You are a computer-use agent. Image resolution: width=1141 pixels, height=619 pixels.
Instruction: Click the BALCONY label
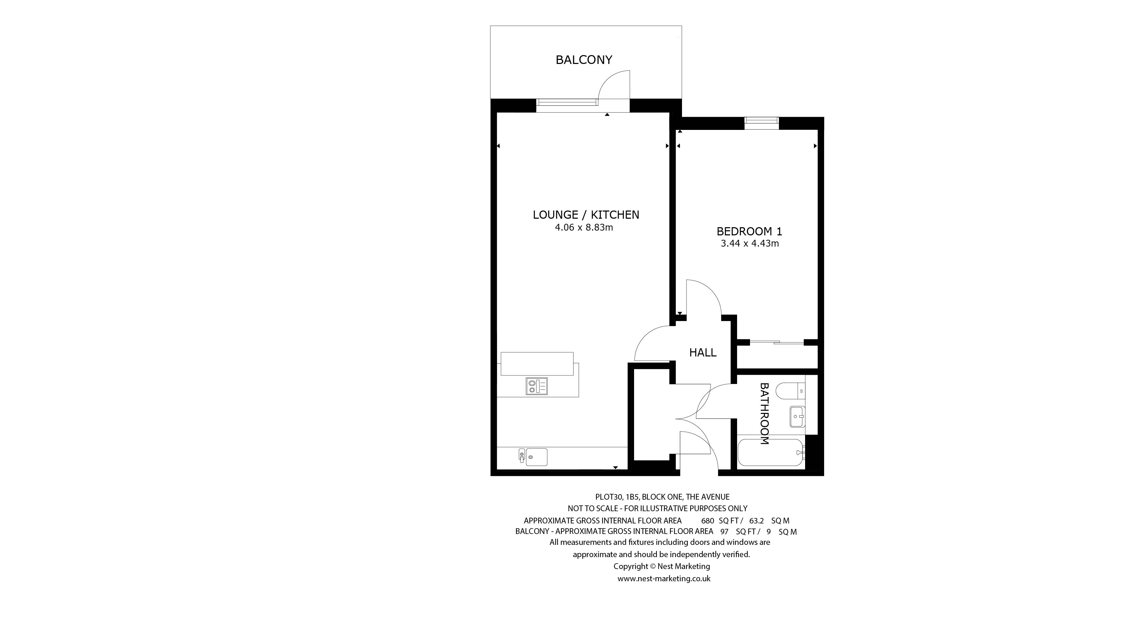tap(584, 60)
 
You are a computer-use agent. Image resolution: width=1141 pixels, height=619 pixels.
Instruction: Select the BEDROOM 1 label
tap(749, 231)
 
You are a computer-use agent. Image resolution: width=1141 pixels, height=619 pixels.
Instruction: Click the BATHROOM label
tap(765, 414)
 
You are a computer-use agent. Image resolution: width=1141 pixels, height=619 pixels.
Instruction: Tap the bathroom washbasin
tap(797, 417)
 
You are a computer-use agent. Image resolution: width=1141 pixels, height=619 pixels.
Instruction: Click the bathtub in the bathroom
tap(771, 453)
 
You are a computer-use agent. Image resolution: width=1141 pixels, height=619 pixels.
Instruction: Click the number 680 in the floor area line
tap(708, 521)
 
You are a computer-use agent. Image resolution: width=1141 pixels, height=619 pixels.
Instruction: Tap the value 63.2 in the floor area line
tap(756, 521)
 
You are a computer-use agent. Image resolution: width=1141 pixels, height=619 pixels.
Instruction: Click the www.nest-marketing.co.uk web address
tap(664, 579)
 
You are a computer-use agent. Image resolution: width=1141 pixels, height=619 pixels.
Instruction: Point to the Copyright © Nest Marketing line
tap(662, 566)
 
